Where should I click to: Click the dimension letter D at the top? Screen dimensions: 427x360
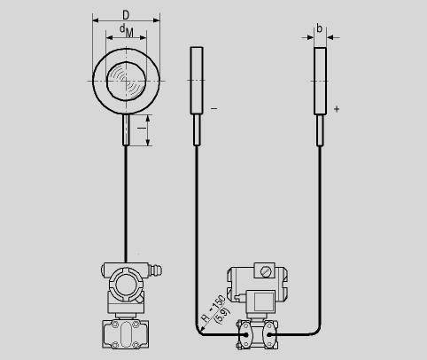pyautogui.click(x=126, y=14)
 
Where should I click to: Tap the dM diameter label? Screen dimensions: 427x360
pyautogui.click(x=127, y=31)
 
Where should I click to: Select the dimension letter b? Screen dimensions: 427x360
pyautogui.click(x=319, y=28)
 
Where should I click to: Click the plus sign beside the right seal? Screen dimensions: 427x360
pyautogui.click(x=337, y=109)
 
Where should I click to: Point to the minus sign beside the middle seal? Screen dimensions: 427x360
pyautogui.click(x=214, y=108)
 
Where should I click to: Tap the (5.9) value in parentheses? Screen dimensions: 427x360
pyautogui.click(x=223, y=315)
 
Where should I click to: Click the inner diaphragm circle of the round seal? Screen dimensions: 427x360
pyautogui.click(x=127, y=81)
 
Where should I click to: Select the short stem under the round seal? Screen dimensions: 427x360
pyautogui.click(x=126, y=129)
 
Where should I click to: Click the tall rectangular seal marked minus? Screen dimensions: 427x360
pyautogui.click(x=197, y=80)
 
